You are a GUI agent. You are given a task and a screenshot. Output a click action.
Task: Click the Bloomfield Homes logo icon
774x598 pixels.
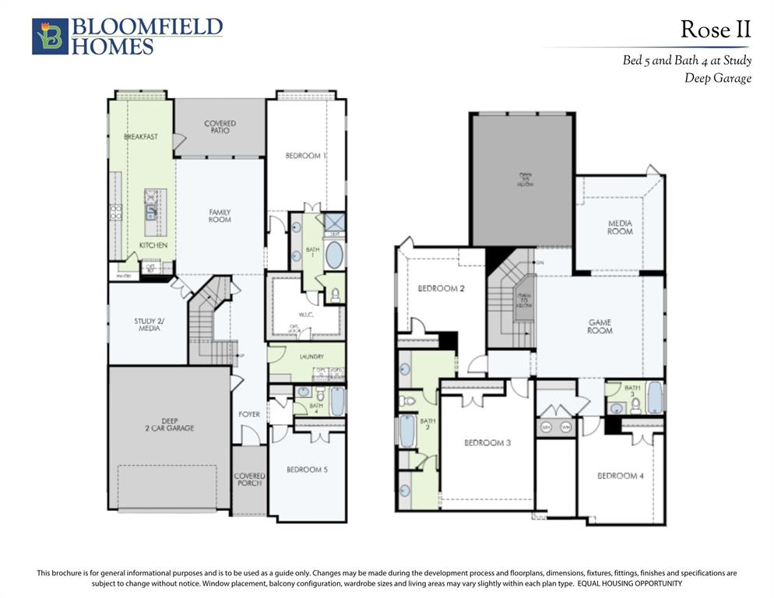point(50,37)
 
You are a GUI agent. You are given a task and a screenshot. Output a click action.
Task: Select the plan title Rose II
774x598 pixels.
point(715,30)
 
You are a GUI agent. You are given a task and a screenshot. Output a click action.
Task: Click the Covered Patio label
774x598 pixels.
point(220,127)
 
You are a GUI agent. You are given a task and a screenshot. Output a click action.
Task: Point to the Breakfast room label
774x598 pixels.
point(141,137)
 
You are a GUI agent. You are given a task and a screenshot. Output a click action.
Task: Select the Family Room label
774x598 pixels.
point(220,216)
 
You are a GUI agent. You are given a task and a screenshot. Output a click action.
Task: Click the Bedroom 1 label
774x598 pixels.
point(305,156)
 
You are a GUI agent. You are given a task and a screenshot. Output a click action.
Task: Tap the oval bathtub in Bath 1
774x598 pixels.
point(333,255)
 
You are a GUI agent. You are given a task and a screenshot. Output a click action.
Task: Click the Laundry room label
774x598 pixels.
point(310,357)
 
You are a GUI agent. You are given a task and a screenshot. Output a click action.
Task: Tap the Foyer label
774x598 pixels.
point(249,414)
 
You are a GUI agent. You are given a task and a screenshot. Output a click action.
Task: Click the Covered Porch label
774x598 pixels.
point(249,480)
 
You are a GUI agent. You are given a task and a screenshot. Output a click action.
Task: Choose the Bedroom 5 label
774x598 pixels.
point(307,470)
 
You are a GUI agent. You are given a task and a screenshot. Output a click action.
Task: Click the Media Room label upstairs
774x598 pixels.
point(620,227)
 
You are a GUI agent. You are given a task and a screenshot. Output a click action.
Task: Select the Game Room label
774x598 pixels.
point(600,326)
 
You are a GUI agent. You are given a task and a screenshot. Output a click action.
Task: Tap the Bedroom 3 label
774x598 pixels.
point(487,443)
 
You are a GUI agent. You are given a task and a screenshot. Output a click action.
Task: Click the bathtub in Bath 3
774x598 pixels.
point(654,399)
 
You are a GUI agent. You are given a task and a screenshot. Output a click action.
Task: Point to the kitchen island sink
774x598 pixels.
point(151,209)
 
